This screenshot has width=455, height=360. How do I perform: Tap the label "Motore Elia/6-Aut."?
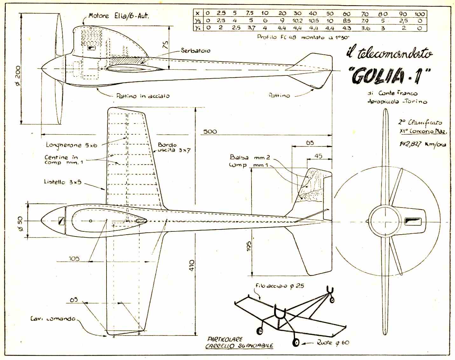(x=118, y=16)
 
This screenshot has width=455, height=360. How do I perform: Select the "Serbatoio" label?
(x=195, y=51)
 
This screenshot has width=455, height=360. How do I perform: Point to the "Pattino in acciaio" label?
(x=143, y=96)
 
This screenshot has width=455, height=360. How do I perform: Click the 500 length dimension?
(x=210, y=131)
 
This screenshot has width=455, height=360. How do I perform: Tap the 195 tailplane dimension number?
(x=248, y=246)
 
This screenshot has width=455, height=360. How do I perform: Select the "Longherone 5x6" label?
(x=72, y=145)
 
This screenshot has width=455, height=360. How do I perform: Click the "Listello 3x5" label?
(x=63, y=182)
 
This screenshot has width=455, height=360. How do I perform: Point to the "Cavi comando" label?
(x=53, y=319)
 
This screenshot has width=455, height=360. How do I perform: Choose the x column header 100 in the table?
(x=419, y=14)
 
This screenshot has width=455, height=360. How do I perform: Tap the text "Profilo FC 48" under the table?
(x=276, y=37)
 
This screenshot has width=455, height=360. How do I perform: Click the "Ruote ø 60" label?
(x=333, y=343)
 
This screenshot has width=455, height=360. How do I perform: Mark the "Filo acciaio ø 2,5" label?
(x=279, y=286)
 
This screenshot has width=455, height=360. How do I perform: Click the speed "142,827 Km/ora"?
(x=423, y=144)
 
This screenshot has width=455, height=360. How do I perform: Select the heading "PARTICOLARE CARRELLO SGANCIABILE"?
(x=239, y=342)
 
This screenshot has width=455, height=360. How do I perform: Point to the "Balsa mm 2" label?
(x=250, y=157)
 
